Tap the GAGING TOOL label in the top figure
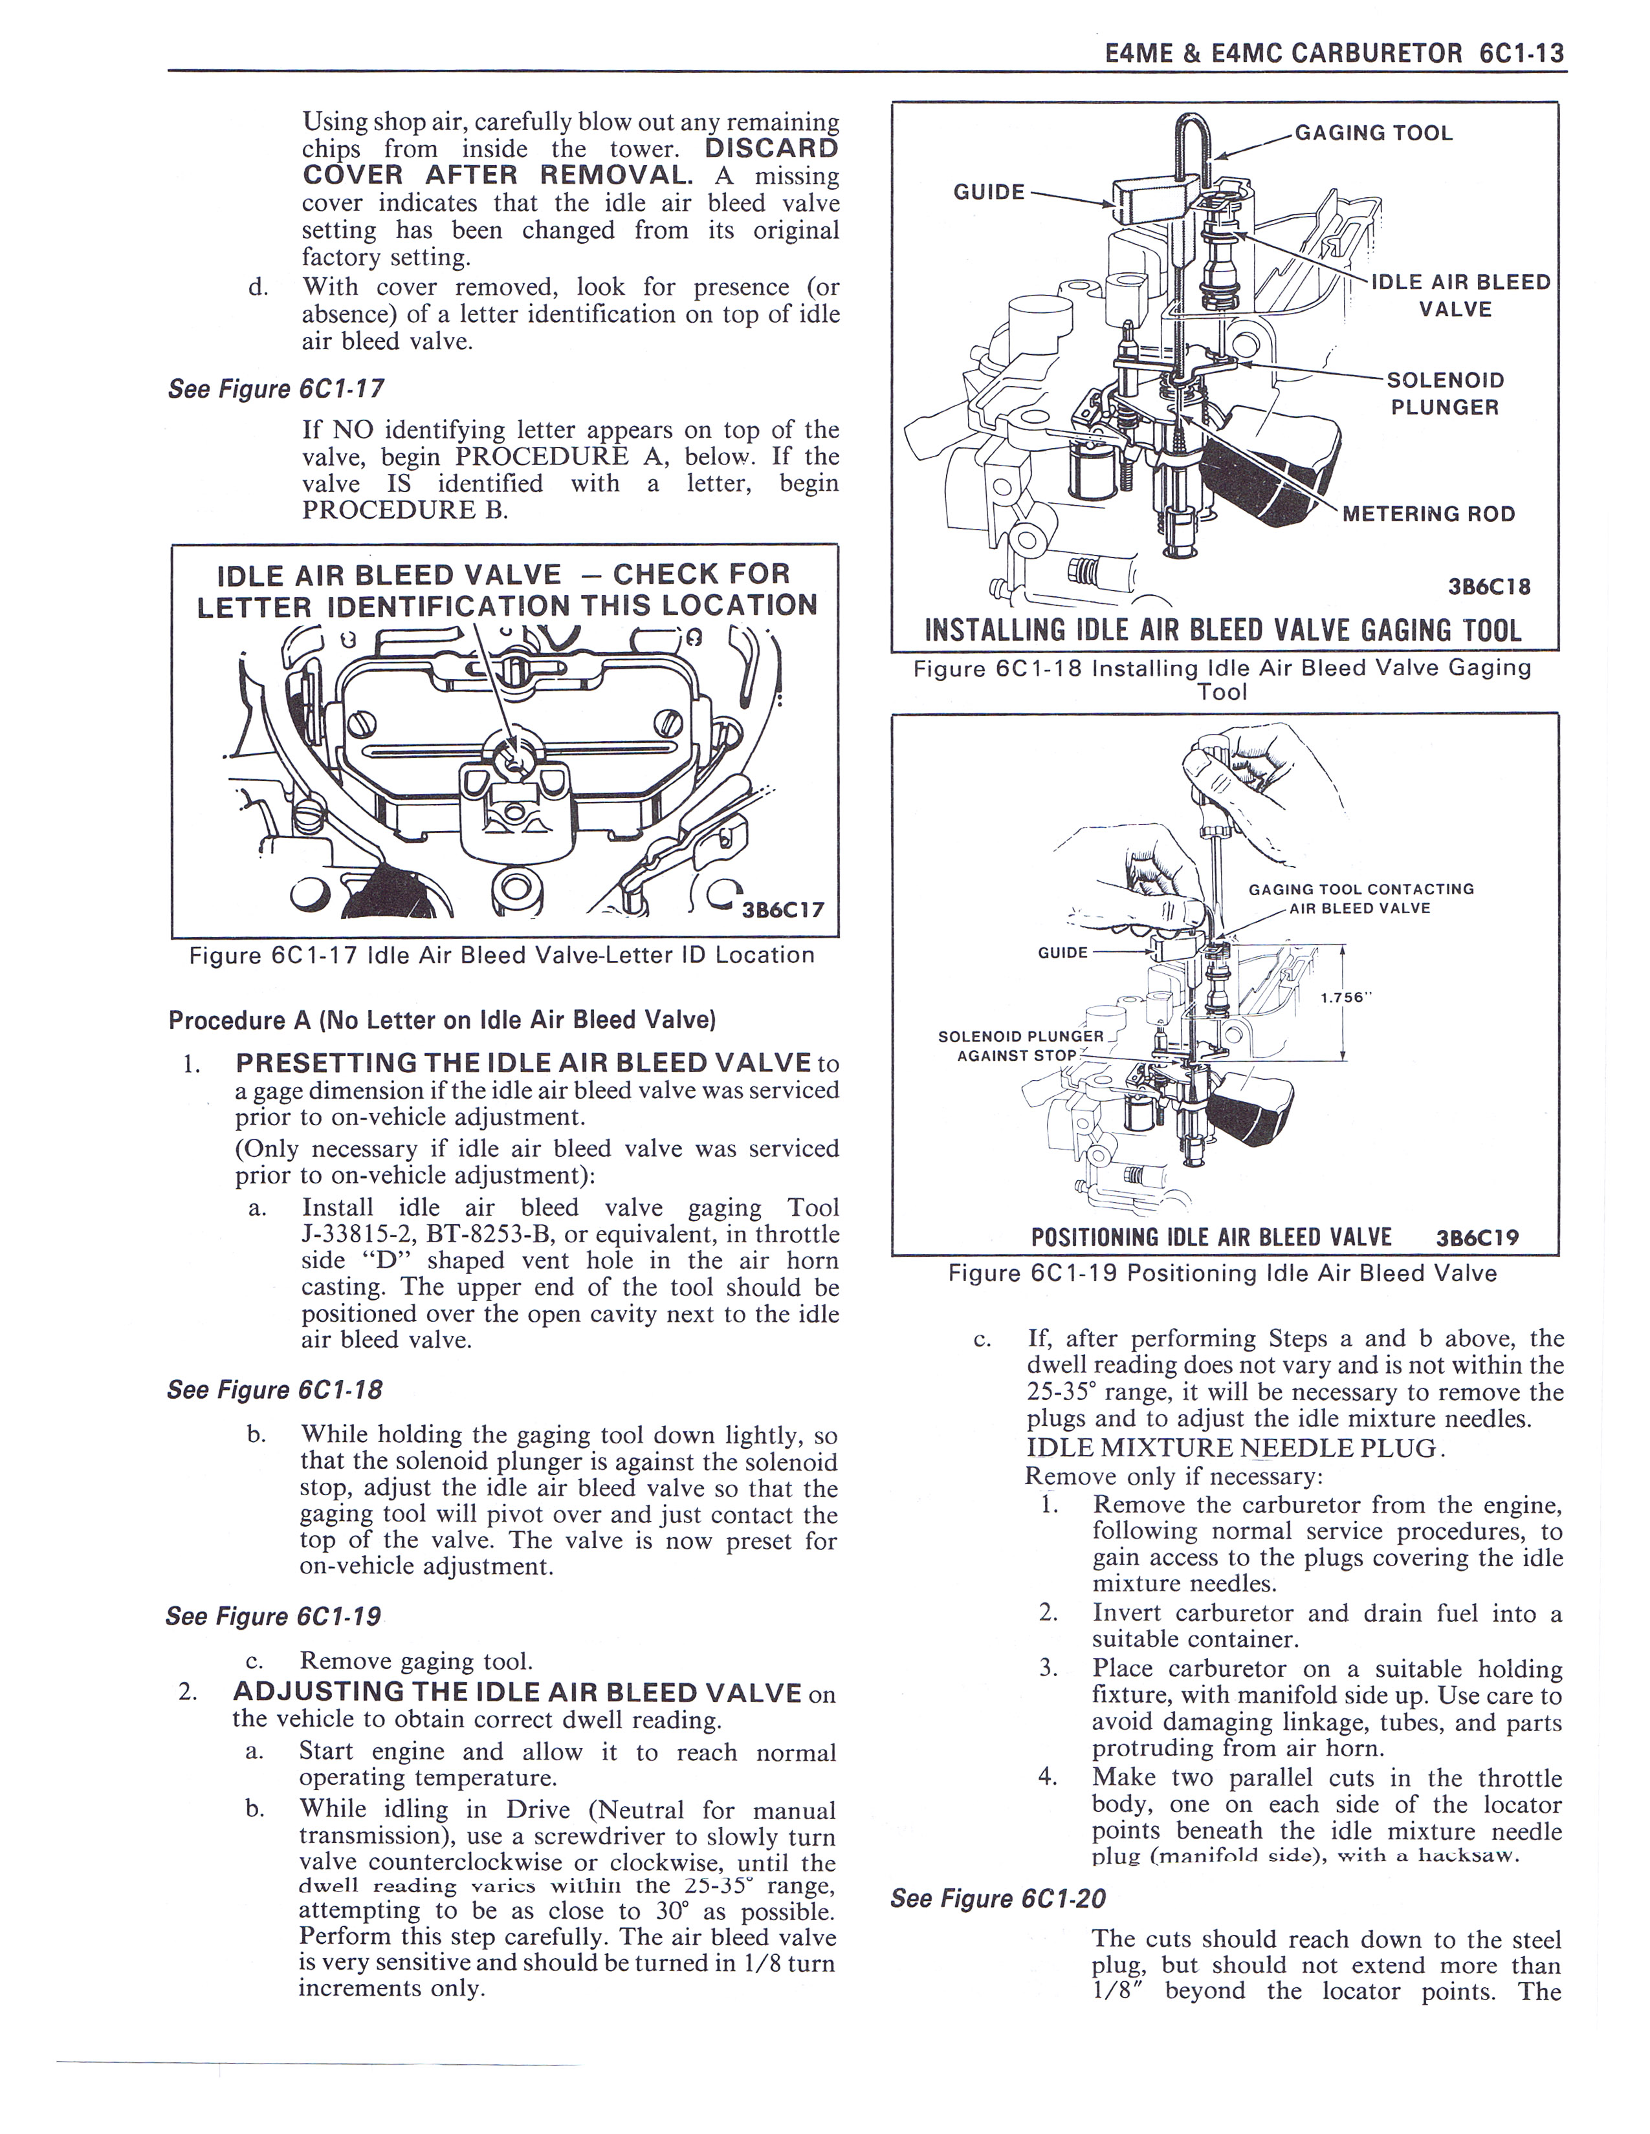coord(1373,133)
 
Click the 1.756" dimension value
coord(1347,998)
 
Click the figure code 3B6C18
coord(1489,587)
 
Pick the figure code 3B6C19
coord(1477,1238)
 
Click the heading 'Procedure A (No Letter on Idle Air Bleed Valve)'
coord(442,1020)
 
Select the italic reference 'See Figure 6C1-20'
coord(998,1899)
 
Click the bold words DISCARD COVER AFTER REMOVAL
coord(571,162)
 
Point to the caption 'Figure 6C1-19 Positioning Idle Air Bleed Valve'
coord(1222,1273)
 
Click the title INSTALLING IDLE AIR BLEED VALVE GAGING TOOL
coord(1223,630)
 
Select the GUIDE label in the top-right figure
coord(988,191)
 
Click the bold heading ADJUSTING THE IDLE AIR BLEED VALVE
coord(518,1692)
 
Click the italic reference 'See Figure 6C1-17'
coord(276,389)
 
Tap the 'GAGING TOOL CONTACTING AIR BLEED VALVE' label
coord(1359,898)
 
